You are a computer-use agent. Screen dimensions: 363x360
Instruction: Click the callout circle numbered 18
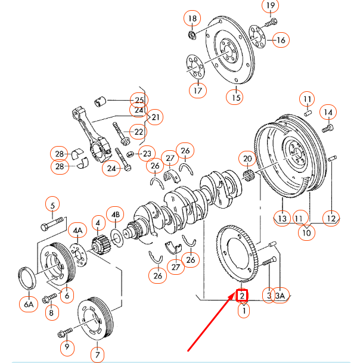[193, 18]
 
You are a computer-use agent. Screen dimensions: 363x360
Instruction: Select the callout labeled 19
[271, 7]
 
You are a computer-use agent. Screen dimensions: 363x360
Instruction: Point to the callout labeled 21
[156, 117]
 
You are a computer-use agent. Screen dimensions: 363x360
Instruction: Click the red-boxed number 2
[243, 295]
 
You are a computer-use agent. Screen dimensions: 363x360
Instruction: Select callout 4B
[114, 215]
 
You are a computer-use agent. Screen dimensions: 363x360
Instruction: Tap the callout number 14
[328, 111]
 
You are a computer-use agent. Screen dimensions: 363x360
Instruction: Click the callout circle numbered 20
[247, 159]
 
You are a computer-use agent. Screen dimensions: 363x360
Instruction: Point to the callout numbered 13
[282, 219]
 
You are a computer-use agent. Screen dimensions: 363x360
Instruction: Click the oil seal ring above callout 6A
[27, 278]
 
